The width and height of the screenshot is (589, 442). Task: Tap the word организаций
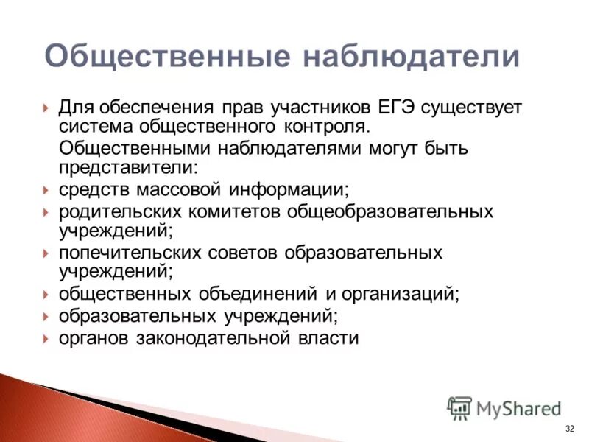click(x=399, y=294)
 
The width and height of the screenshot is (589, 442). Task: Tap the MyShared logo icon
click(x=460, y=407)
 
